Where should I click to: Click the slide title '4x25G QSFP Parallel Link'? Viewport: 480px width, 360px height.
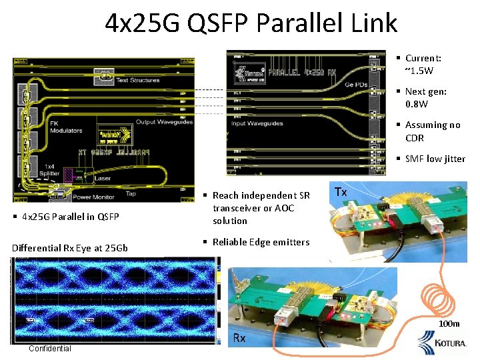click(x=251, y=23)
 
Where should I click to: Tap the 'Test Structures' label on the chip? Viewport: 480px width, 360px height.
click(x=138, y=81)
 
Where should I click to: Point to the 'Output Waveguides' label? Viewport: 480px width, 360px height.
click(x=165, y=122)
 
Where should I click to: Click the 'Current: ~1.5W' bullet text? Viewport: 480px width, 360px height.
click(x=423, y=64)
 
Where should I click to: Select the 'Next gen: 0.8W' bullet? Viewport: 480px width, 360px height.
click(x=425, y=97)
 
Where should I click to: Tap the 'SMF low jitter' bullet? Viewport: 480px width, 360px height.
click(x=435, y=158)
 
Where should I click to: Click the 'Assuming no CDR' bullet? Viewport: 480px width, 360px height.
click(x=432, y=131)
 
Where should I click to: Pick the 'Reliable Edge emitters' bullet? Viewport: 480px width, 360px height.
click(x=261, y=242)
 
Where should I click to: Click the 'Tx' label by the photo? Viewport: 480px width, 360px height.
click(x=340, y=192)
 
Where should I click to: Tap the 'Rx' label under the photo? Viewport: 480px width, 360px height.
click(x=239, y=338)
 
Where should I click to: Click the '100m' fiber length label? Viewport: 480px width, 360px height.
click(x=449, y=324)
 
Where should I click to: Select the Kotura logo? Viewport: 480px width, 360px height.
click(x=443, y=343)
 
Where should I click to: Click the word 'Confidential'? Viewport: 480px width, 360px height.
click(x=50, y=349)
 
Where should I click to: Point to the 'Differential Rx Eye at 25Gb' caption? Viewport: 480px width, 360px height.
click(x=70, y=248)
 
